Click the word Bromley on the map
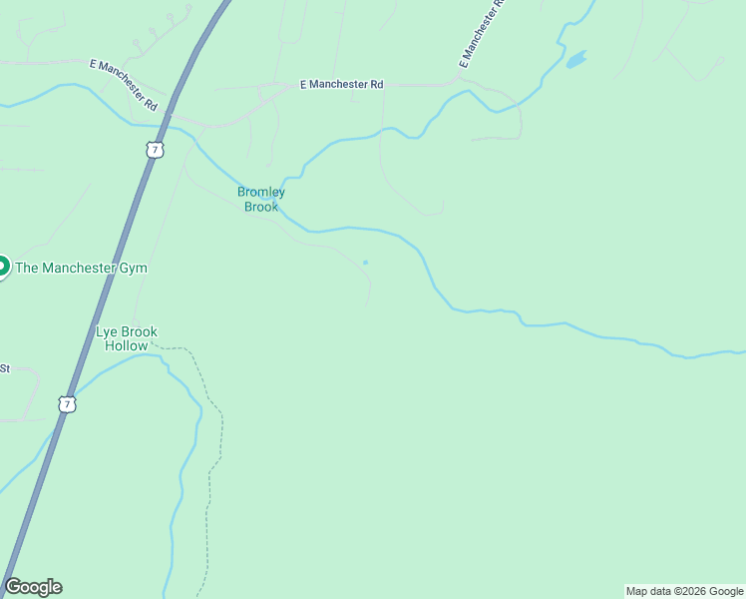point(261,192)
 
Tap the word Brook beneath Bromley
point(261,207)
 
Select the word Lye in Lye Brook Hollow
point(107,331)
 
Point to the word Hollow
point(127,345)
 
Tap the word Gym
point(135,268)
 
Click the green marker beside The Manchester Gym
point(2,267)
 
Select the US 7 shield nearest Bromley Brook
point(154,149)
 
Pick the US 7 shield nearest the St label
point(67,404)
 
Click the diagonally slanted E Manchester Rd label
point(124,84)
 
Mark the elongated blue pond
point(576,60)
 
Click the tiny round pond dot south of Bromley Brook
point(365,263)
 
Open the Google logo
point(33,587)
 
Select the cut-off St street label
point(4,368)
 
